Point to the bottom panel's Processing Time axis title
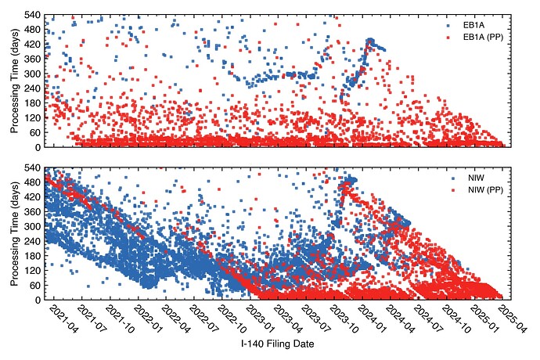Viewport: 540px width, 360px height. pos(13,233)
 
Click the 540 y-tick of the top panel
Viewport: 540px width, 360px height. pos(32,16)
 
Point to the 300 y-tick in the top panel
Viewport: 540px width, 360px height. pos(32,74)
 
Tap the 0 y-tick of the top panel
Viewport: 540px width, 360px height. pos(37,146)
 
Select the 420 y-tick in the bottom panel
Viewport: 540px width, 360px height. pos(32,198)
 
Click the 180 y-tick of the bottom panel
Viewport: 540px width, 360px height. pos(32,256)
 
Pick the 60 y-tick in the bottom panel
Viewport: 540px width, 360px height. pos(34,285)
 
